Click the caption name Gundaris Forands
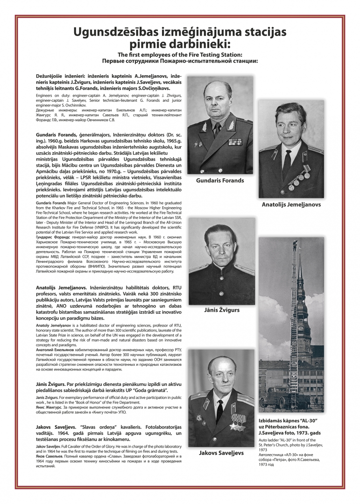tap(220, 181)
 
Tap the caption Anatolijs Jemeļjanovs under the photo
tap(291, 204)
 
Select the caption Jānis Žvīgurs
tap(221, 310)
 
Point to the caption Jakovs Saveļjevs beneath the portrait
tap(221, 453)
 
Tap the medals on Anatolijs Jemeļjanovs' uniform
tap(300, 175)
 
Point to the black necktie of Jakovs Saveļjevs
tap(219, 409)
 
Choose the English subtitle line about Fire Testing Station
tap(180, 55)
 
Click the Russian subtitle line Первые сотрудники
tap(180, 61)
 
